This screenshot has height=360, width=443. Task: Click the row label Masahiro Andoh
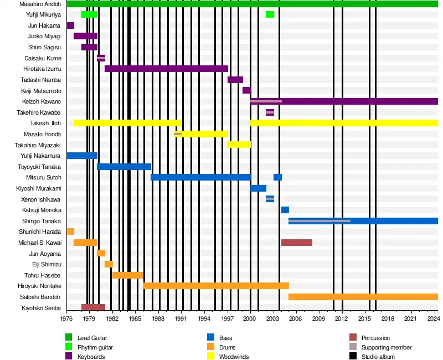[x=40, y=4]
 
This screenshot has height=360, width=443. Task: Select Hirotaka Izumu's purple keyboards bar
[x=166, y=69]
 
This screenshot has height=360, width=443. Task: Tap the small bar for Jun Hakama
[x=70, y=25]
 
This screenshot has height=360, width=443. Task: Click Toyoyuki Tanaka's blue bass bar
[x=124, y=167]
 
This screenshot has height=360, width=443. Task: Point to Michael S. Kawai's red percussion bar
[x=297, y=243]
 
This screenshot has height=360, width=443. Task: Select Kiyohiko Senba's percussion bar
[x=93, y=307]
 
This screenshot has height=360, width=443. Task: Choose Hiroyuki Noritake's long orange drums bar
[x=216, y=286]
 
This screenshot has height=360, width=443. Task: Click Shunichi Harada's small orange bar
[x=70, y=232]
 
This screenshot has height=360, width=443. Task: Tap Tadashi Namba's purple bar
[x=235, y=80]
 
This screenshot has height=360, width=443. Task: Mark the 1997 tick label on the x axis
[x=227, y=320]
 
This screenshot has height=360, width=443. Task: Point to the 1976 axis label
[x=66, y=320]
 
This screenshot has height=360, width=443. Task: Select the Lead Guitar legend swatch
[x=69, y=337]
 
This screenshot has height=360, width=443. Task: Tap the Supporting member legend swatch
[x=353, y=347]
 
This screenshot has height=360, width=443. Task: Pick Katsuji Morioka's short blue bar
[x=285, y=210]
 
